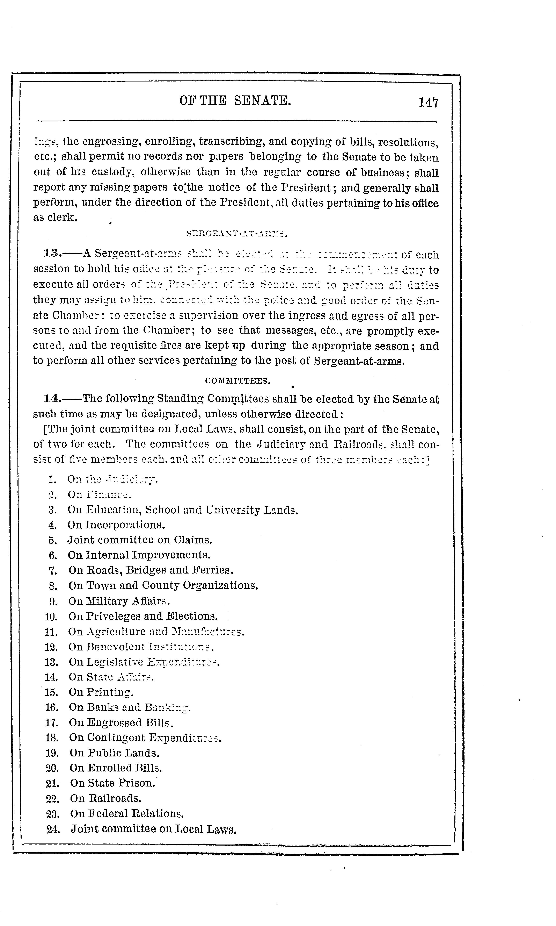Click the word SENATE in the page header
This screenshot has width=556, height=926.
click(x=262, y=100)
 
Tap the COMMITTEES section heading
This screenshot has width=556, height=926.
click(x=237, y=381)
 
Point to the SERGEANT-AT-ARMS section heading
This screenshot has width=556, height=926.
click(x=237, y=235)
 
